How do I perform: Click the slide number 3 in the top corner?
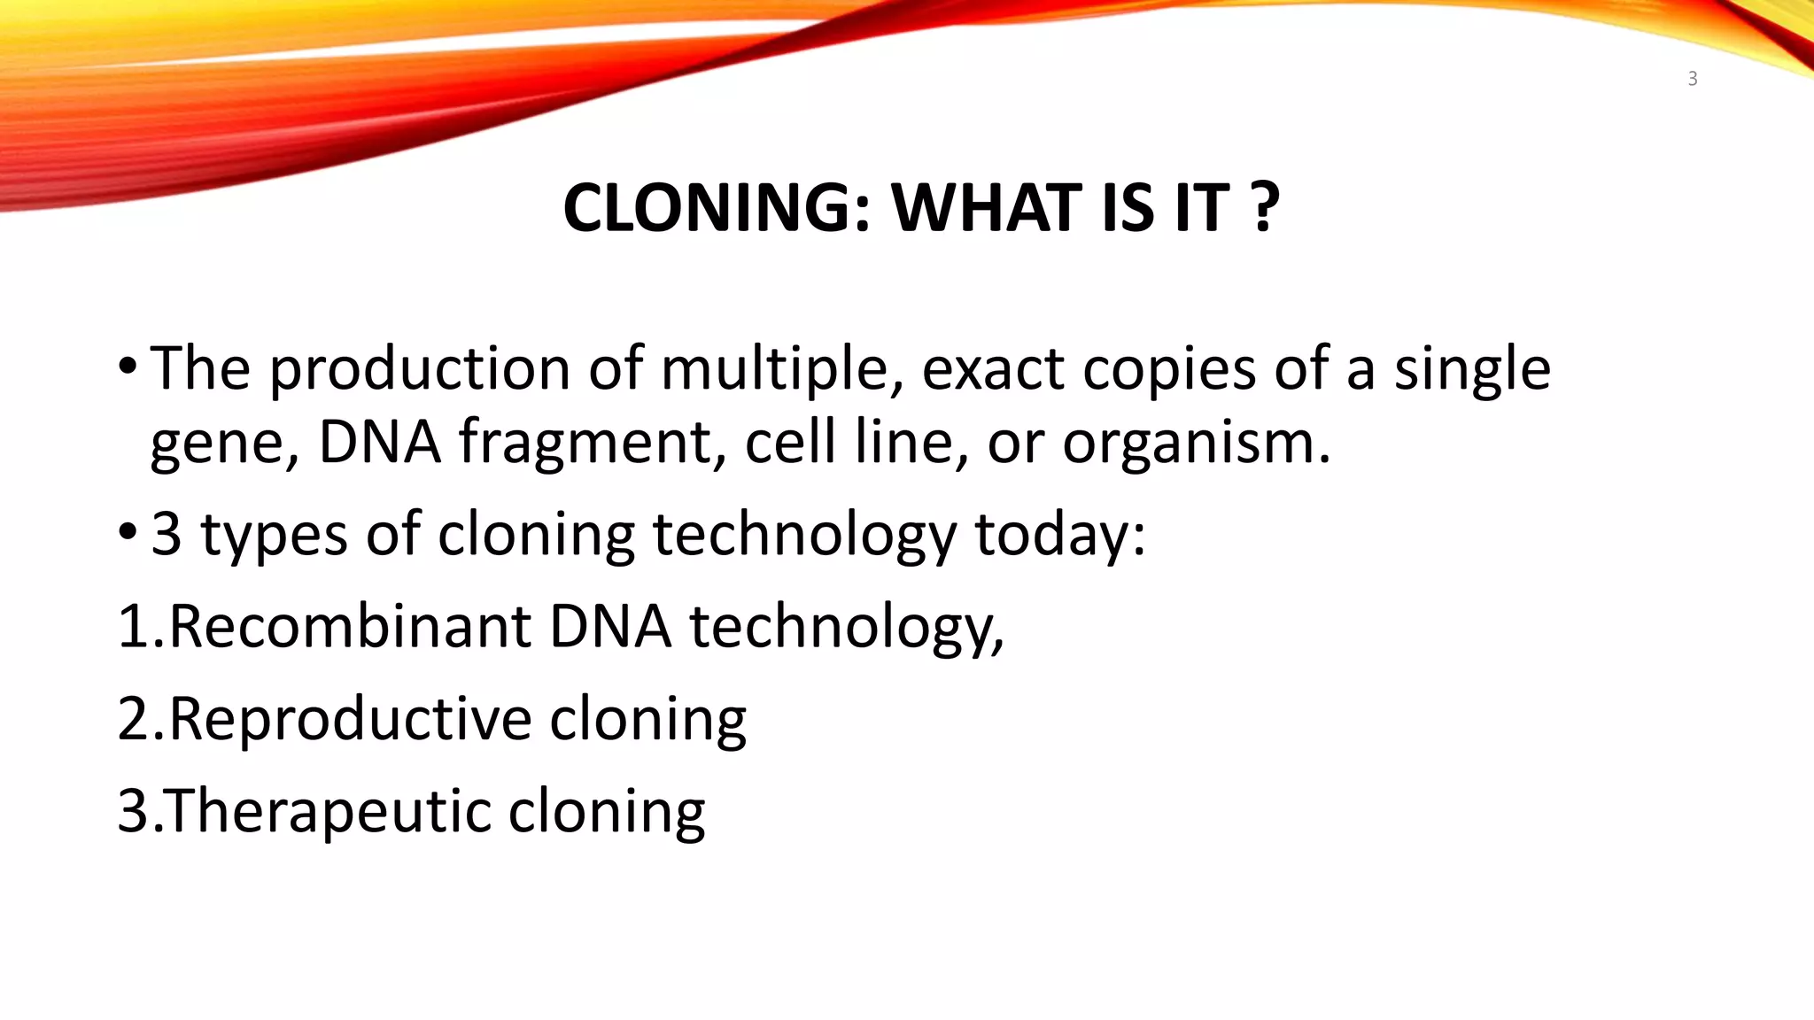[x=1693, y=79]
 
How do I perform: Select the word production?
[x=420, y=370]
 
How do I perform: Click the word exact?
[x=993, y=368]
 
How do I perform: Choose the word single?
[x=1472, y=370]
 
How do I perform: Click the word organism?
[x=1196, y=443]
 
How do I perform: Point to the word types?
[x=275, y=536]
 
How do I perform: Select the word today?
[x=1059, y=536]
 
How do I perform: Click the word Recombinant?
[x=350, y=626]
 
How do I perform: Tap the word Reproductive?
[x=350, y=718]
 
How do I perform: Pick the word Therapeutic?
[x=328, y=811]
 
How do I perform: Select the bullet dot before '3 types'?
[x=128, y=531]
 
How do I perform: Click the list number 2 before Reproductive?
[x=135, y=718]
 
